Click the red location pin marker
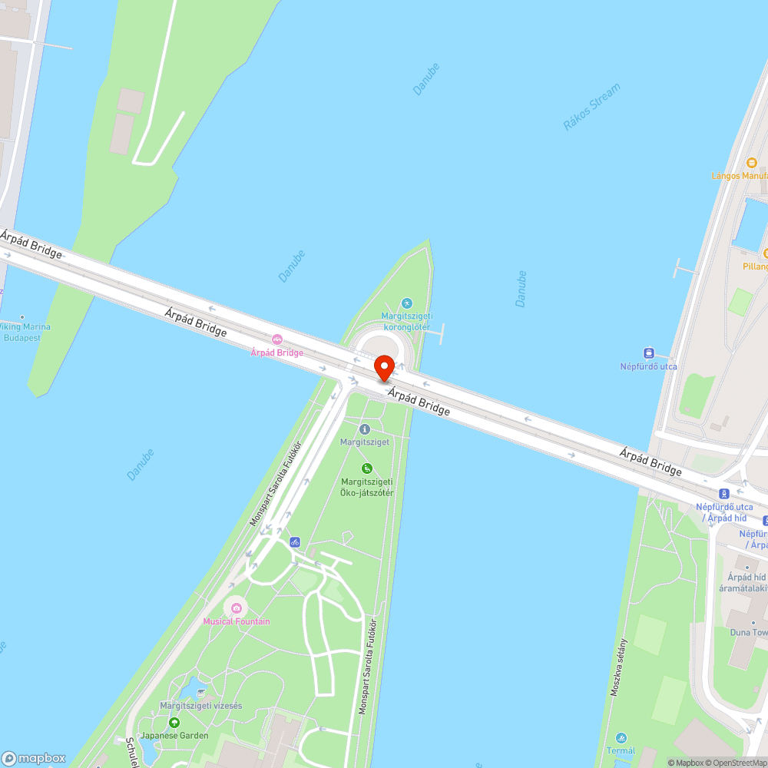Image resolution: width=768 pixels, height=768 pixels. pyautogui.click(x=384, y=368)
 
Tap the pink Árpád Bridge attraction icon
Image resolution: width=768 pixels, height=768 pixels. pyautogui.click(x=277, y=339)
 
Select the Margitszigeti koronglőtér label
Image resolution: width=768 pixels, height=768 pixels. pyautogui.click(x=406, y=321)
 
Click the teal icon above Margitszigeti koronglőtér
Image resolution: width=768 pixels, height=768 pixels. pyautogui.click(x=407, y=303)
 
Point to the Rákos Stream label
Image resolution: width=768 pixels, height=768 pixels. pyautogui.click(x=591, y=108)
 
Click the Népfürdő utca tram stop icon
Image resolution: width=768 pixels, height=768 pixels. pyautogui.click(x=649, y=353)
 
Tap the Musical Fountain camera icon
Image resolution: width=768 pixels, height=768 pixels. pyautogui.click(x=237, y=608)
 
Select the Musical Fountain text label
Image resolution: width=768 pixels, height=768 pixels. pyautogui.click(x=237, y=621)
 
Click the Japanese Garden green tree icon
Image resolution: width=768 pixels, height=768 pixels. pyautogui.click(x=174, y=723)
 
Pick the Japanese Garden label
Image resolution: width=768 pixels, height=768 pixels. pyautogui.click(x=174, y=736)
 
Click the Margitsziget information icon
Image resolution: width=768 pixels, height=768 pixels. pyautogui.click(x=365, y=429)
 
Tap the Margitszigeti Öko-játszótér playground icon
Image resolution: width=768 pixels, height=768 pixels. pyautogui.click(x=367, y=468)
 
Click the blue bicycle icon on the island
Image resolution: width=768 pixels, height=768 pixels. pyautogui.click(x=295, y=541)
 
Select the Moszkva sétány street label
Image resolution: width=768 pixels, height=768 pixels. pyautogui.click(x=620, y=667)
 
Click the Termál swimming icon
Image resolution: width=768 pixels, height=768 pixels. pyautogui.click(x=621, y=737)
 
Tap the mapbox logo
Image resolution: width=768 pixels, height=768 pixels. pyautogui.click(x=34, y=758)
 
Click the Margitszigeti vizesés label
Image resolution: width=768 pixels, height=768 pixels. pyautogui.click(x=201, y=706)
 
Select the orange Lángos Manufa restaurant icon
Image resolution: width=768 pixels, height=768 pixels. pyautogui.click(x=752, y=162)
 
